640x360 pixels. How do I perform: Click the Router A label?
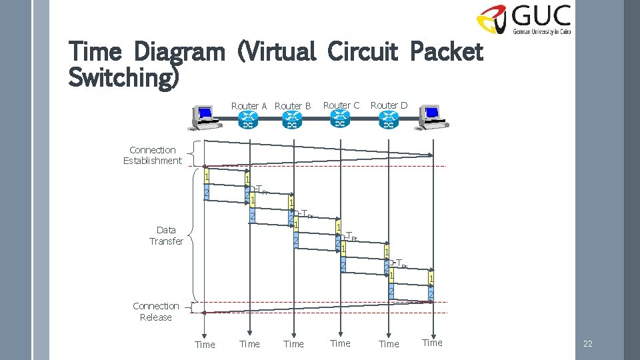[x=249, y=106]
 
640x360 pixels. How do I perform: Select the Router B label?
[x=293, y=106]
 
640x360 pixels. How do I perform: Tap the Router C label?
[x=341, y=105]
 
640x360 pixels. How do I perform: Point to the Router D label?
[x=389, y=105]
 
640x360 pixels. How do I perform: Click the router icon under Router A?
[x=249, y=121]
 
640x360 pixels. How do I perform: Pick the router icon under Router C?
[x=340, y=120]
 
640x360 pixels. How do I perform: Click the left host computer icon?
[x=203, y=118]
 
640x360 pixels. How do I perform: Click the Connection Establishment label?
[x=153, y=155]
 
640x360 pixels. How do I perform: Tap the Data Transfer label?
[x=166, y=235]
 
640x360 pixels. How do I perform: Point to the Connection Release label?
[x=156, y=311]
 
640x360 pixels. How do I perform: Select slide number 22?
[x=587, y=344]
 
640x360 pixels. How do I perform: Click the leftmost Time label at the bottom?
[x=205, y=345]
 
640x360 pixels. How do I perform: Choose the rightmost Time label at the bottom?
[x=432, y=343]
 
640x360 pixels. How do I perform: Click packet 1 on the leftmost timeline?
[x=207, y=177]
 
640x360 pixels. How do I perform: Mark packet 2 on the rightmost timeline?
[x=431, y=294]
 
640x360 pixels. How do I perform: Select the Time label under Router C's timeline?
[x=340, y=343]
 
